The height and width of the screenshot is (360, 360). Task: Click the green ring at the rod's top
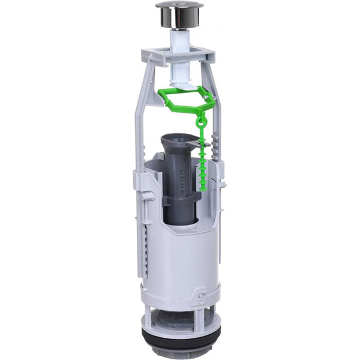(x=202, y=122)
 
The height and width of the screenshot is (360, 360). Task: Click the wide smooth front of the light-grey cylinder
(x=180, y=258)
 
